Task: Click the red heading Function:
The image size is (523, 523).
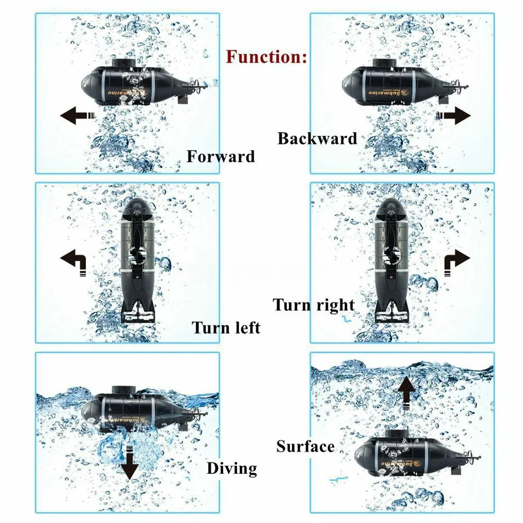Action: pyautogui.click(x=266, y=57)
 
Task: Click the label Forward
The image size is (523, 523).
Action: pyautogui.click(x=221, y=156)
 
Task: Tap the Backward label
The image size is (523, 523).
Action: pyautogui.click(x=317, y=138)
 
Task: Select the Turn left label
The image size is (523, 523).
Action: pyautogui.click(x=226, y=328)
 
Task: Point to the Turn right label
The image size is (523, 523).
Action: pyautogui.click(x=313, y=305)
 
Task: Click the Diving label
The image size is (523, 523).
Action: pyautogui.click(x=232, y=469)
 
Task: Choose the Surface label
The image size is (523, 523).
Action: pyautogui.click(x=306, y=446)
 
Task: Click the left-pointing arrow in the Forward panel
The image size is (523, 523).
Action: pyautogui.click(x=77, y=116)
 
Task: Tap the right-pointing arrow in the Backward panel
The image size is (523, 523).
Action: pyautogui.click(x=454, y=116)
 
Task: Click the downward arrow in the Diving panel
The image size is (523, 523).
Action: pyautogui.click(x=129, y=462)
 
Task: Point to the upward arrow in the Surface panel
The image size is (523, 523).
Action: pyautogui.click(x=407, y=393)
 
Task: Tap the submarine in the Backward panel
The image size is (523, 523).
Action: pyautogui.click(x=404, y=82)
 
